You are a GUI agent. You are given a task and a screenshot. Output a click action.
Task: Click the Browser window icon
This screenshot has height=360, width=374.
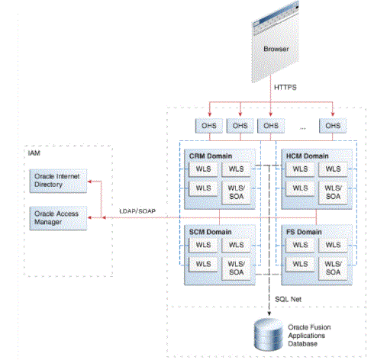click(276, 42)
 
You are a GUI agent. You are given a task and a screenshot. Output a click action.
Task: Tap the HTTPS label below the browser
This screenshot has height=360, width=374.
click(285, 88)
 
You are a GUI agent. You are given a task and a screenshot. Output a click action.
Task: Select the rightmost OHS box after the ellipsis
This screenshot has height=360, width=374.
click(333, 126)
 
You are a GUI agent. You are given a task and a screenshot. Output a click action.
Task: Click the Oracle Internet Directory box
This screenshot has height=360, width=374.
click(58, 181)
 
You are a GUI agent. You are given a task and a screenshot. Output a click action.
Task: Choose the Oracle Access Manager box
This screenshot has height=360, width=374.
click(58, 218)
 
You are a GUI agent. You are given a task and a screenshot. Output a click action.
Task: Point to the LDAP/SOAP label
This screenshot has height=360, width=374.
click(137, 211)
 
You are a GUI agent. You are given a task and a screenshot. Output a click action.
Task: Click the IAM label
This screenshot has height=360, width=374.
click(34, 153)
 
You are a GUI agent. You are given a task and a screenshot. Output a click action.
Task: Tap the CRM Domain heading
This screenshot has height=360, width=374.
click(211, 156)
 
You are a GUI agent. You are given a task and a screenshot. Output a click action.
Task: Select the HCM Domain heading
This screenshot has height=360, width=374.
click(308, 156)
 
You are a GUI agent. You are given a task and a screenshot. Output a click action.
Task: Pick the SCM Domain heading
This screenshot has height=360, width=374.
click(210, 232)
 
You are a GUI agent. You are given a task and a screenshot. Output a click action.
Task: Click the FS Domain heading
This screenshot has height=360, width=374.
click(304, 232)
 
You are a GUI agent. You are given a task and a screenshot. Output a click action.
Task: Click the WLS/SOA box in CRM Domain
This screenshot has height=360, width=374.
click(237, 192)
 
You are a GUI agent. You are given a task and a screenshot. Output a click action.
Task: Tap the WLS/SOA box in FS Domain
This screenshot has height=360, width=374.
click(333, 268)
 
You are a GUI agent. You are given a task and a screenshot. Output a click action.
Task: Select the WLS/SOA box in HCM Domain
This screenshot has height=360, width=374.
click(333, 192)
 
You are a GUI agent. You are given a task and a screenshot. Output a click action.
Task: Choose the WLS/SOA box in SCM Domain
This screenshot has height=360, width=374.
click(237, 268)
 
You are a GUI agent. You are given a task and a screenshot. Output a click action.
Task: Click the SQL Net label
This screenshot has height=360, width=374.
click(288, 299)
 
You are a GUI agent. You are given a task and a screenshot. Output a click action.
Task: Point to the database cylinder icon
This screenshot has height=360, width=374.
click(269, 334)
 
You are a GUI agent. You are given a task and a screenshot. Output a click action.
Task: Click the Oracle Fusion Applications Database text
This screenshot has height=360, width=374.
click(309, 336)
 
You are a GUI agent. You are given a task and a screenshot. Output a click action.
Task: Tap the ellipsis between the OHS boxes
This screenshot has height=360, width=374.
click(302, 128)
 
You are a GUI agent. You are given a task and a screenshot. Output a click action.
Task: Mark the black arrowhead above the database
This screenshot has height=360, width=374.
click(269, 313)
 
